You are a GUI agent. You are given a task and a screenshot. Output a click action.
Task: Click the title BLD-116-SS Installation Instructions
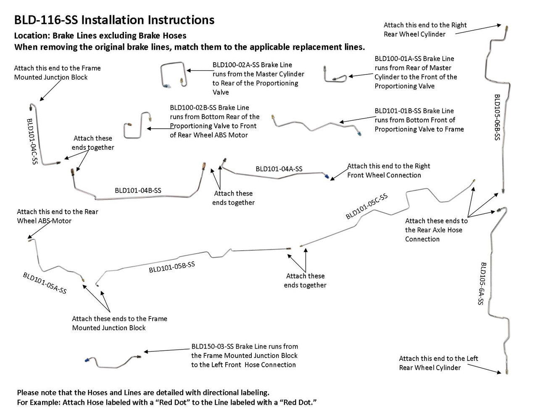pyautogui.click(x=114, y=20)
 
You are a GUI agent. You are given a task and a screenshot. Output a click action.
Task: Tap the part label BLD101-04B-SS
pyautogui.click(x=138, y=191)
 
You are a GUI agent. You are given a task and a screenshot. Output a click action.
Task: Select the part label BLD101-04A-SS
pyautogui.click(x=279, y=169)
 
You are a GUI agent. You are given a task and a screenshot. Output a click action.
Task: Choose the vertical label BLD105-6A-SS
pyautogui.click(x=481, y=284)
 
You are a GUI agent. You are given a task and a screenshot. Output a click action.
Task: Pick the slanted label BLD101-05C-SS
pyautogui.click(x=367, y=206)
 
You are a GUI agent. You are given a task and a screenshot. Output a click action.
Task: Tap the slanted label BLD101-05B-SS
pyautogui.click(x=172, y=267)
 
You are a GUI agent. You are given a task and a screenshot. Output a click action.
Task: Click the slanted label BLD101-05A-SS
pyautogui.click(x=45, y=283)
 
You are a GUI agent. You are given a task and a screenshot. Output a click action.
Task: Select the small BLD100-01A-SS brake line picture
pyautogui.click(x=335, y=75)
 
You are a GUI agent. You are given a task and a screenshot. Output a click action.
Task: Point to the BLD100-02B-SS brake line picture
pyautogui.click(x=137, y=125)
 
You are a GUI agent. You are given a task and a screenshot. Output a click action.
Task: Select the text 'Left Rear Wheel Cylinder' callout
pyautogui.click(x=438, y=363)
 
